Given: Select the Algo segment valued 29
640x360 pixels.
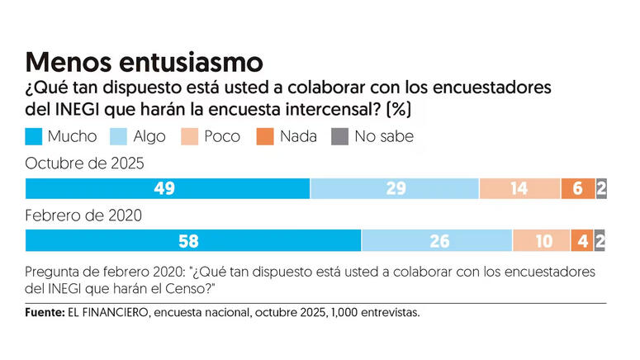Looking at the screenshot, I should (395, 188).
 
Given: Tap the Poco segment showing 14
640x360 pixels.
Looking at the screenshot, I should (519, 188).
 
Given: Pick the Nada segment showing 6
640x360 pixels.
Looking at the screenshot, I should (577, 188).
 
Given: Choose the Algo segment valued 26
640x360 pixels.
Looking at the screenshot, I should (437, 240).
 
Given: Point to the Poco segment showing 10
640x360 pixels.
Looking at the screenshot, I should (541, 240).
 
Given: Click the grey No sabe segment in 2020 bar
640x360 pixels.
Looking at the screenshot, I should (600, 240).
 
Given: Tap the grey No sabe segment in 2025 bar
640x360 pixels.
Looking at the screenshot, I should (601, 188).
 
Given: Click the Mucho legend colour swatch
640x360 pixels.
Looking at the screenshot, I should (36, 136).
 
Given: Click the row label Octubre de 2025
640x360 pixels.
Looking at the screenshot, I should (85, 163).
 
